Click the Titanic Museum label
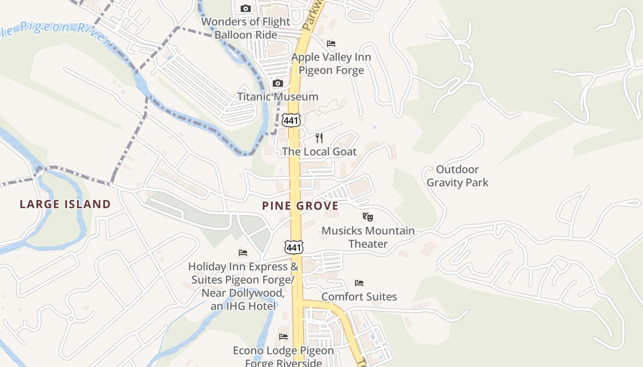coord(277,97)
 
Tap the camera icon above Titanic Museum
coord(277,83)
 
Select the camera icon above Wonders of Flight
coord(246,8)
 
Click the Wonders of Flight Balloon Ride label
coord(246,28)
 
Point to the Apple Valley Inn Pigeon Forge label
coord(331,64)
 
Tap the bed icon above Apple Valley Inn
coord(331,44)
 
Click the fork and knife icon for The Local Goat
coord(319,138)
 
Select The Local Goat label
coord(319,151)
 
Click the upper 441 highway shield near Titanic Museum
coord(292,120)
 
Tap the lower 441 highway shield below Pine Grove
coord(293,248)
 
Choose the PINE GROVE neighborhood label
coord(300,206)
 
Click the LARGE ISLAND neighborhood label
coord(65,204)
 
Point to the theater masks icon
coord(367,217)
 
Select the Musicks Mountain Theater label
coord(368,237)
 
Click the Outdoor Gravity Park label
coord(457,176)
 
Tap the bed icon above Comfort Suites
coord(359,283)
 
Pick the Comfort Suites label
coord(359,297)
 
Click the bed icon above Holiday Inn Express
coord(243,253)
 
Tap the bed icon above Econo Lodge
coord(283,337)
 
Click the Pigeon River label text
coord(51,28)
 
